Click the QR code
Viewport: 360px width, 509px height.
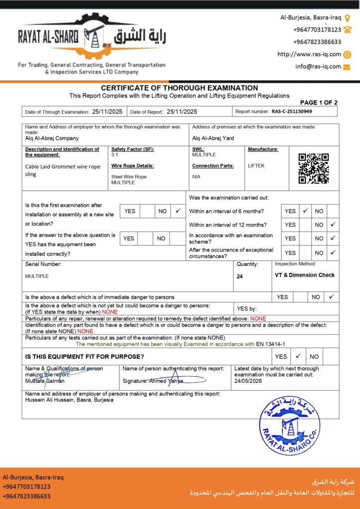click(x=313, y=169)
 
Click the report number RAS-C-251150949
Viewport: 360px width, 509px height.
click(x=292, y=112)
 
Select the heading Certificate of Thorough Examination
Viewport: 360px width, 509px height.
click(x=180, y=88)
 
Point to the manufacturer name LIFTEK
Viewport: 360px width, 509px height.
click(x=257, y=166)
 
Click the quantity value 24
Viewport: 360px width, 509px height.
click(x=240, y=276)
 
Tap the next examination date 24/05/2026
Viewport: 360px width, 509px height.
click(x=248, y=381)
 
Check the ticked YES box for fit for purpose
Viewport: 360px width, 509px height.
click(x=298, y=356)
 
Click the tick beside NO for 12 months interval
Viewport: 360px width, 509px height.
click(x=333, y=225)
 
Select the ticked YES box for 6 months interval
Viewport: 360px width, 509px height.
click(x=305, y=211)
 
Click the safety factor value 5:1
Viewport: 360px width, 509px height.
click(x=115, y=155)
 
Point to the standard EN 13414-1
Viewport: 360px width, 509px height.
click(x=272, y=344)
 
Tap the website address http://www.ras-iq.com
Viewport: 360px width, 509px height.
click(x=309, y=54)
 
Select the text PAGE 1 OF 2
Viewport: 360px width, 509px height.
click(x=319, y=102)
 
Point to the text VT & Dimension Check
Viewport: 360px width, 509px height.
click(x=305, y=275)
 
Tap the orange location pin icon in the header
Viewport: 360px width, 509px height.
click(x=348, y=18)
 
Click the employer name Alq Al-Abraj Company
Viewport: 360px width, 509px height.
click(x=52, y=139)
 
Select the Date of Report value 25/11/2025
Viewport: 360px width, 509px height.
click(x=182, y=112)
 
